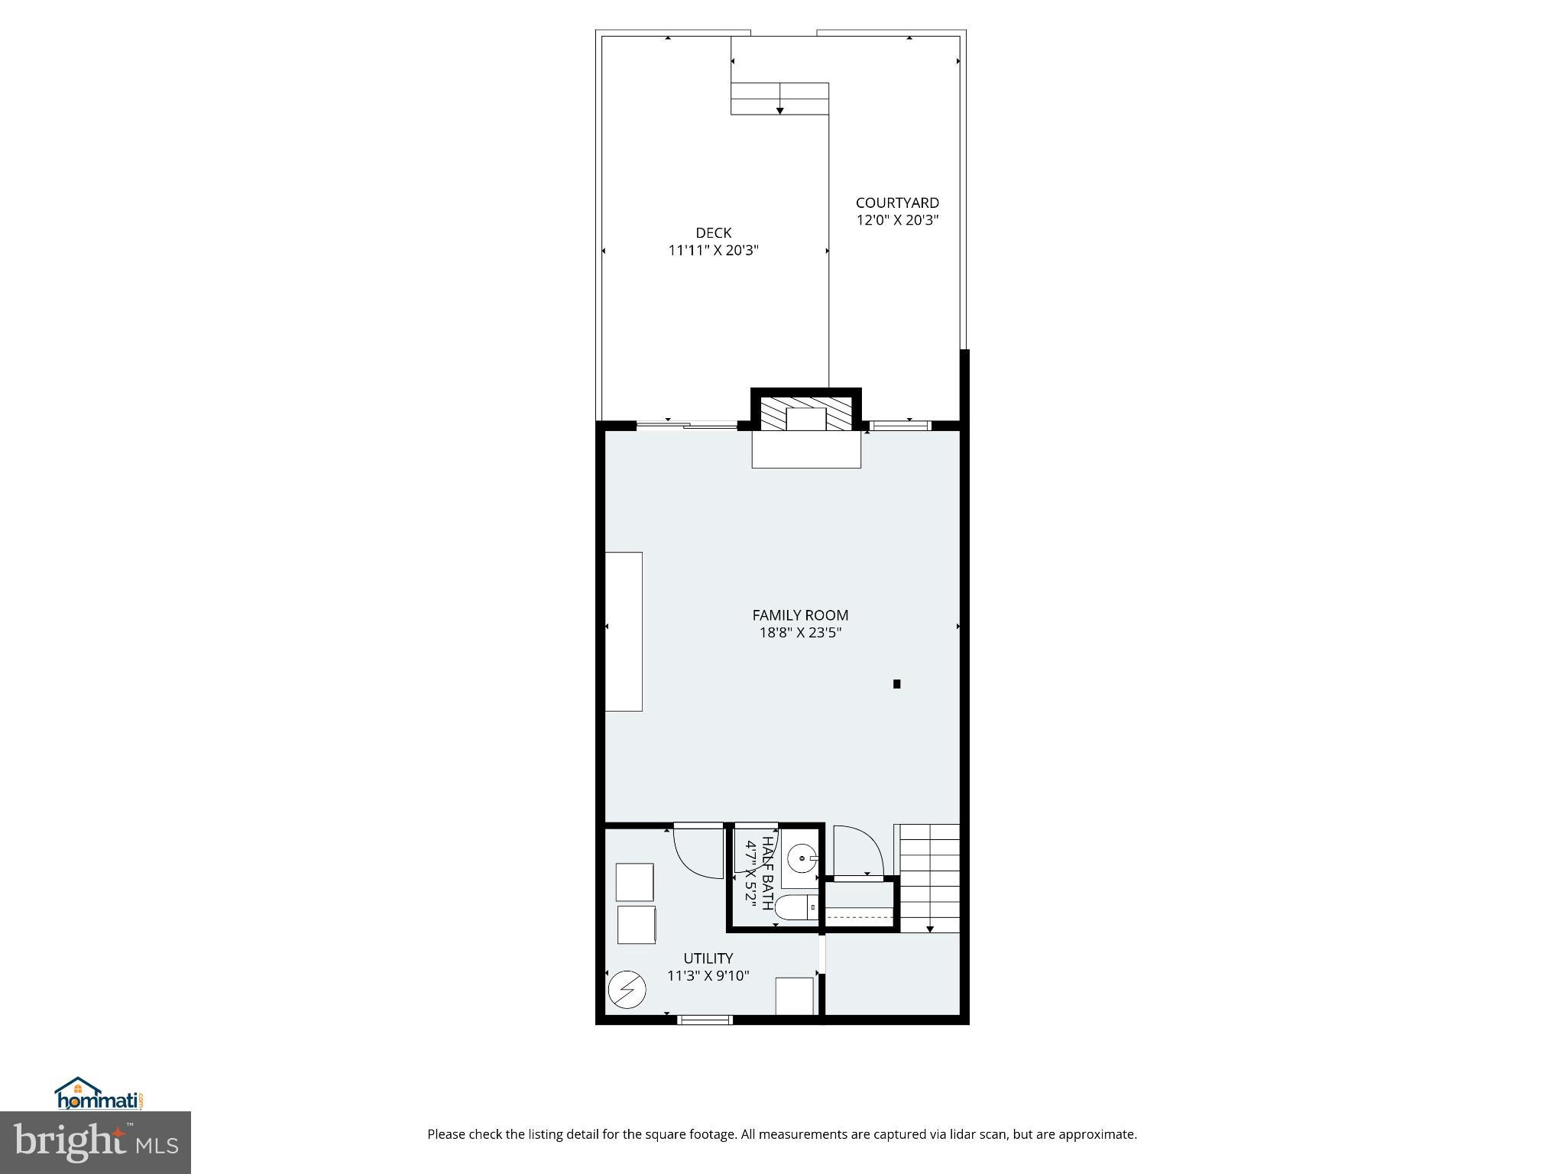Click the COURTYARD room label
[x=897, y=203]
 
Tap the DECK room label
[x=713, y=232]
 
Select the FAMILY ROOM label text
[x=800, y=615]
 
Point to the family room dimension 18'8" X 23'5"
[x=800, y=633]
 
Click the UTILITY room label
[x=708, y=958]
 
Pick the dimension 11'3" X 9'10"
[x=708, y=976]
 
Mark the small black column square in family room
[x=897, y=684]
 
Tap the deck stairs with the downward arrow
[x=779, y=99]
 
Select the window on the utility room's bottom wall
[x=705, y=1020]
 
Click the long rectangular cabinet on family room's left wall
[x=624, y=631]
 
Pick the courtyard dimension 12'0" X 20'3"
[x=897, y=220]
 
